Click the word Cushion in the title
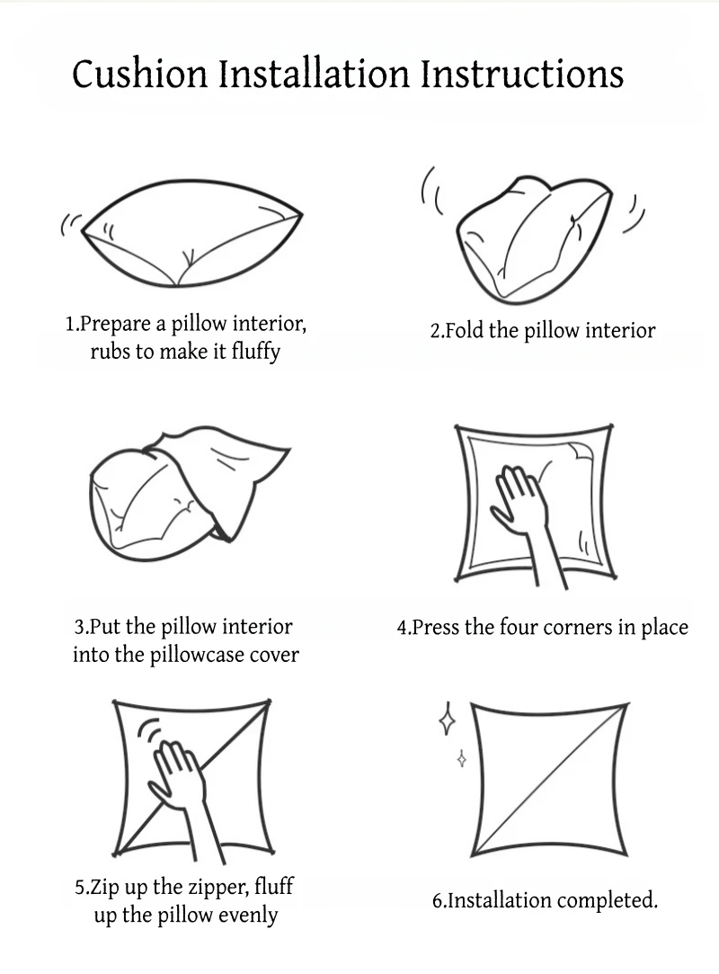pos(140,74)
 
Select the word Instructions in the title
pos(522,74)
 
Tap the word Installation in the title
pos(315,74)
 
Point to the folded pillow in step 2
pos(534,239)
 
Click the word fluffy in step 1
pos(256,353)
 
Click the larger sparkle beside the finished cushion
pos(447,719)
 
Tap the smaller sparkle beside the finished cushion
pos(461,759)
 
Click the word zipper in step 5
pos(218,888)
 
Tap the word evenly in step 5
pos(247,916)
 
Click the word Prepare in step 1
pos(116,325)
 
